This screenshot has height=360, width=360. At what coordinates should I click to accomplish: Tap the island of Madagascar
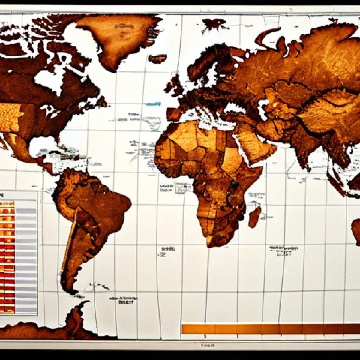pos(254,216)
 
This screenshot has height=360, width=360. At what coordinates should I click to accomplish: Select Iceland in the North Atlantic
pos(157,58)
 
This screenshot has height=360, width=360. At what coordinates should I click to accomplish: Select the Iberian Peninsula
pos(174,114)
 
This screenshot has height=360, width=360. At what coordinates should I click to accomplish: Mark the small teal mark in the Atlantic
pos(153,104)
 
